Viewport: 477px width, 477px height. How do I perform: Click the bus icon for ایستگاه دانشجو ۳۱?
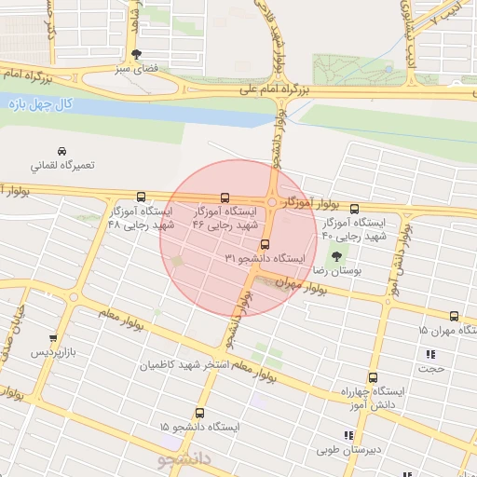pyautogui.click(x=265, y=244)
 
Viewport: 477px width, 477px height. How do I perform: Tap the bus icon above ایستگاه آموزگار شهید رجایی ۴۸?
pyautogui.click(x=141, y=197)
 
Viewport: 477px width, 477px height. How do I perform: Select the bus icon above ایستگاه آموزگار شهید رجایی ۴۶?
pyautogui.click(x=225, y=197)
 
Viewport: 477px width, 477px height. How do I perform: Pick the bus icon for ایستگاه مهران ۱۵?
pyautogui.click(x=454, y=317)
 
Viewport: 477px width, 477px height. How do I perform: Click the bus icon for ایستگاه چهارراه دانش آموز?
pyautogui.click(x=374, y=377)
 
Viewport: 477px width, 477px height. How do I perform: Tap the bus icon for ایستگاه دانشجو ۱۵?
pyautogui.click(x=199, y=413)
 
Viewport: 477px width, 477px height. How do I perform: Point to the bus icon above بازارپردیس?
pyautogui.click(x=53, y=340)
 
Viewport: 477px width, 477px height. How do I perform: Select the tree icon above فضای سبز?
pyautogui.click(x=138, y=54)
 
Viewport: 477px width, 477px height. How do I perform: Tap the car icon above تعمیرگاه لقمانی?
pyautogui.click(x=61, y=151)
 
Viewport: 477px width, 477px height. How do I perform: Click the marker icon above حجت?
pyautogui.click(x=430, y=354)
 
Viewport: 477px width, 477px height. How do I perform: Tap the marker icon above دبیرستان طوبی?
pyautogui.click(x=348, y=435)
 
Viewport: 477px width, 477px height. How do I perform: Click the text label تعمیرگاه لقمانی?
pyautogui.click(x=61, y=166)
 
